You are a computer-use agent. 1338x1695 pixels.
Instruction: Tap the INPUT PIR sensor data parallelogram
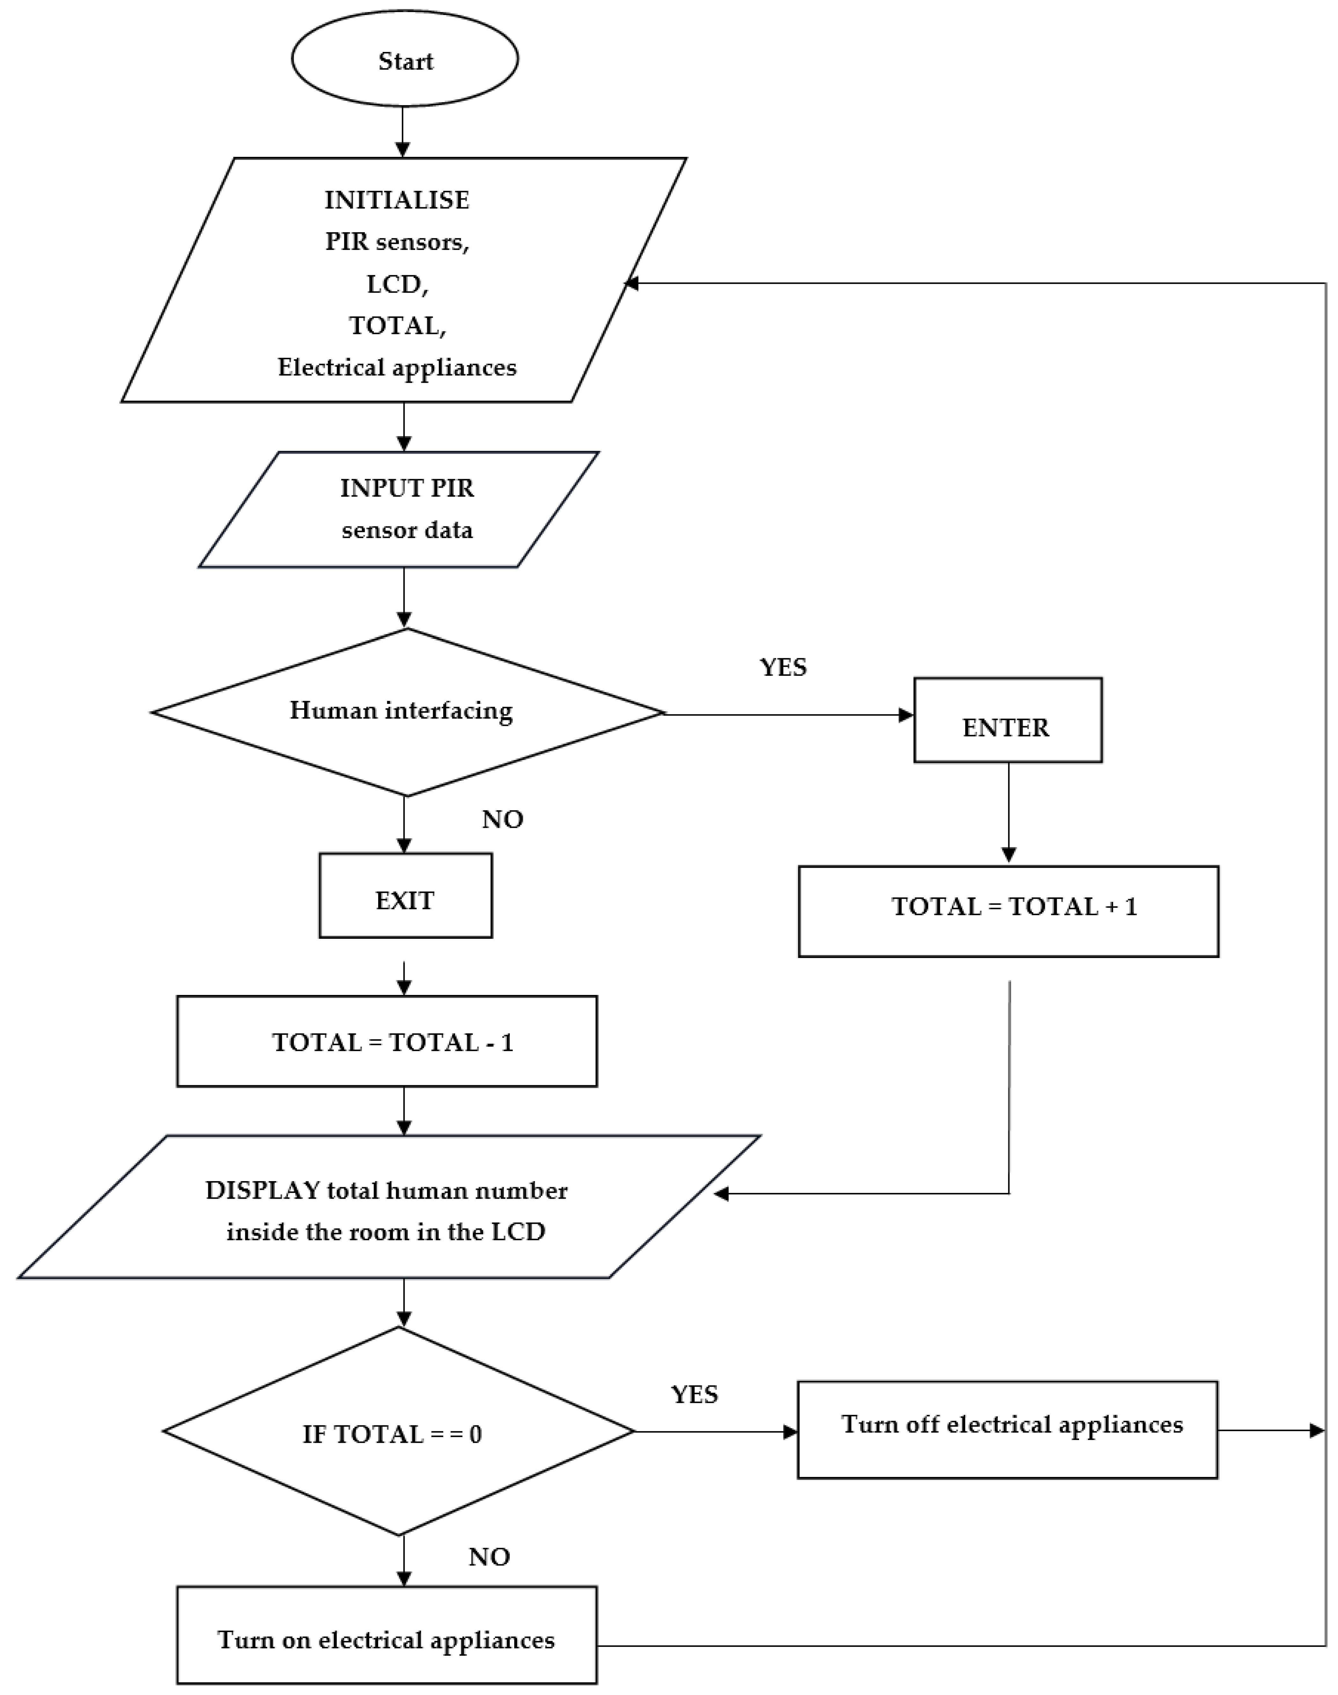click(x=400, y=509)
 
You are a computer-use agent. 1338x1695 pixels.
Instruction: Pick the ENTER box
click(x=1007, y=720)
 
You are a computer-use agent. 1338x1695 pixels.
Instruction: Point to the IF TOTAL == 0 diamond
click(x=398, y=1432)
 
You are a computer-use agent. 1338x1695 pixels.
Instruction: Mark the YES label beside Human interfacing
click(x=783, y=667)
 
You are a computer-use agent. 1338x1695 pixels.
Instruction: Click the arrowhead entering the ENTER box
click(x=906, y=714)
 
